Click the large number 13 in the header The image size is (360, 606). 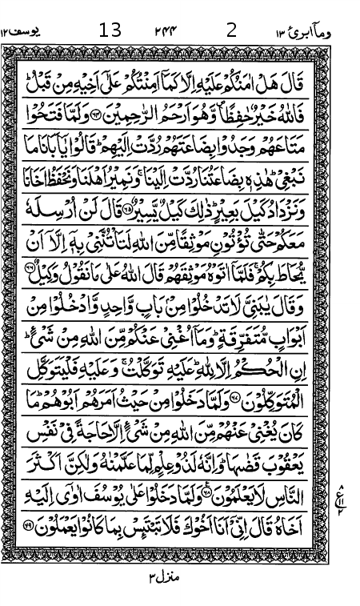tap(110, 31)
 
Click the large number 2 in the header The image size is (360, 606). tap(232, 31)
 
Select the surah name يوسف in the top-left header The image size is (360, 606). tap(24, 32)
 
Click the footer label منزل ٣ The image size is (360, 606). tap(166, 575)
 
